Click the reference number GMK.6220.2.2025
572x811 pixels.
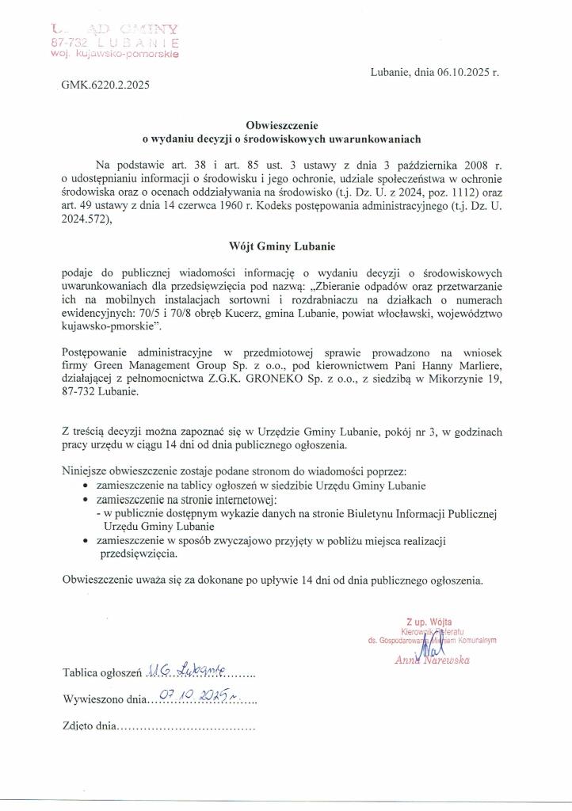(x=105, y=83)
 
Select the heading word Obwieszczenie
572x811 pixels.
(x=280, y=125)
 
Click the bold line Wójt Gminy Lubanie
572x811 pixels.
(x=280, y=246)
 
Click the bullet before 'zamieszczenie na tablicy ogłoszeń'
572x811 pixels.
(x=85, y=485)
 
